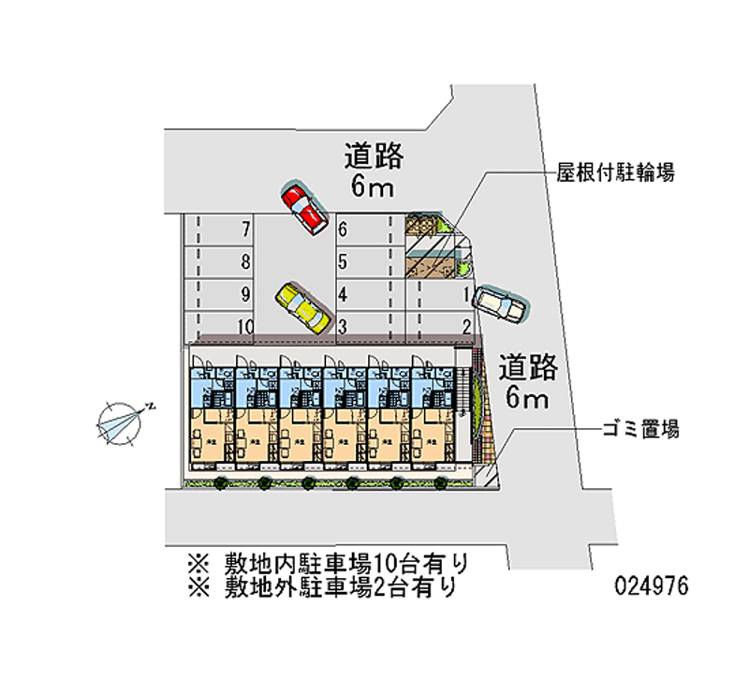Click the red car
[x=304, y=208]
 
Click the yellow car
[x=301, y=308]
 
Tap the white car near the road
[x=500, y=303]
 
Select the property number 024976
[x=651, y=586]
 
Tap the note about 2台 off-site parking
[x=328, y=587]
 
